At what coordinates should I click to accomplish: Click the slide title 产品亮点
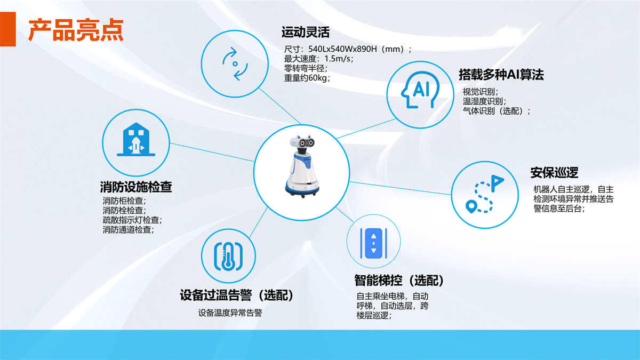(76, 30)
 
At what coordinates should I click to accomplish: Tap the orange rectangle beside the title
(7, 29)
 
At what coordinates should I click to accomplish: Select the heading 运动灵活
(305, 32)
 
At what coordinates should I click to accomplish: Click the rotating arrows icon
(235, 63)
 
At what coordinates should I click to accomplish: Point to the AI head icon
(420, 90)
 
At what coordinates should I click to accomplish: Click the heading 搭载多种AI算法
(501, 75)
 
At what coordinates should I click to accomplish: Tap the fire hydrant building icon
(136, 140)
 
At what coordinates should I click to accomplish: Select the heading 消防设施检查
(136, 187)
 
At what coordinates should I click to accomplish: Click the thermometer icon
(228, 257)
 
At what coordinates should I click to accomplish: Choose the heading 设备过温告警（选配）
(237, 295)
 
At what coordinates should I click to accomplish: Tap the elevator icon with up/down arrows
(373, 243)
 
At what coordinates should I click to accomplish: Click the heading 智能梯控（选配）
(399, 281)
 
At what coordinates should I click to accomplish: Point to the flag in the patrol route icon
(498, 183)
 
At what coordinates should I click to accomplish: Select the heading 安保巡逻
(554, 173)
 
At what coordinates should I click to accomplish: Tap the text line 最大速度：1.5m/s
(318, 59)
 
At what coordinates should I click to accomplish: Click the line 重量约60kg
(307, 78)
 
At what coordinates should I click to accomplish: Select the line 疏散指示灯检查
(132, 220)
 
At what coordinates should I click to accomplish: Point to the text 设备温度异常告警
(230, 313)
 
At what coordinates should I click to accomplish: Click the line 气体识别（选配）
(497, 111)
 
